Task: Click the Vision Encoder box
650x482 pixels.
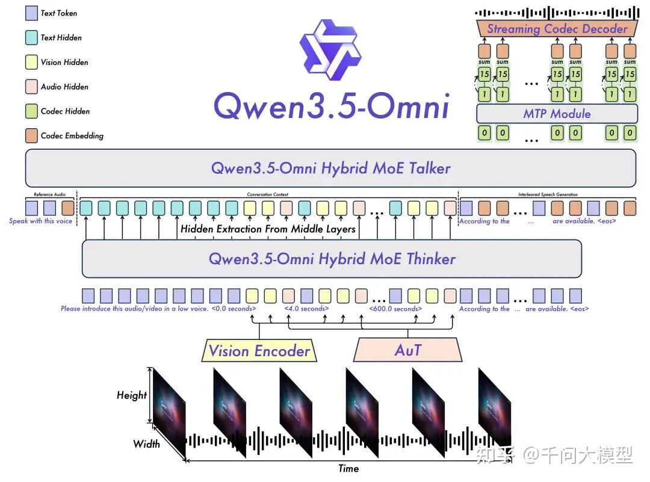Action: [259, 351]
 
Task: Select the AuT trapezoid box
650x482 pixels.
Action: [408, 350]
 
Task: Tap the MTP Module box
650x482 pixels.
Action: [557, 114]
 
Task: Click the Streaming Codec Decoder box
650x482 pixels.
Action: [557, 28]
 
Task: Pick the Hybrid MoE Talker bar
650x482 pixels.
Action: [330, 168]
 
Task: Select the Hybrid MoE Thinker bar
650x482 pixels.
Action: [332, 259]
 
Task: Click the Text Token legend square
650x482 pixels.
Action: [32, 13]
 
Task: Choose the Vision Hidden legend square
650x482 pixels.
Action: [32, 62]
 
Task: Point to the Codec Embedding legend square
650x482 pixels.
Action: [32, 136]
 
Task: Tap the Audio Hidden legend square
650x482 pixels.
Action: [32, 87]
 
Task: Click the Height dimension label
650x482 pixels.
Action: [132, 395]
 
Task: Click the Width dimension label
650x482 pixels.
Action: [146, 444]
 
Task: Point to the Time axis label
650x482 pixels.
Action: [348, 469]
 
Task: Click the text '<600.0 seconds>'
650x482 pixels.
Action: [395, 309]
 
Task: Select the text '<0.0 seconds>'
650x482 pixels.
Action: [234, 309]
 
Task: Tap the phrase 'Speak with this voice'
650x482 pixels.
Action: [40, 221]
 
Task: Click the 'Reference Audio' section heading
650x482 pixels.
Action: [50, 195]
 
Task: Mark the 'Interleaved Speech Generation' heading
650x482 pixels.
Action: [548, 195]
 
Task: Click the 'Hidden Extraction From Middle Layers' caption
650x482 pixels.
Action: [268, 229]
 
